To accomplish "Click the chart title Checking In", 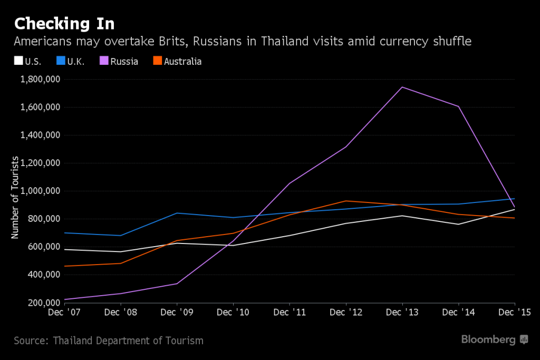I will coord(64,24).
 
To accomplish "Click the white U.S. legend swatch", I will coord(18,61).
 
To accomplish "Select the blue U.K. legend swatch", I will coord(60,61).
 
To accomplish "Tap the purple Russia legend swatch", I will coord(103,61).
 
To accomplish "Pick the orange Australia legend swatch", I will coord(156,61).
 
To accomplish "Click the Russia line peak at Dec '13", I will coord(402,87).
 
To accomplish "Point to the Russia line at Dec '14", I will coord(459,106).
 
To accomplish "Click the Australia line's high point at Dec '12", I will coord(346,201).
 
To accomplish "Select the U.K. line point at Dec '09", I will coord(177,213).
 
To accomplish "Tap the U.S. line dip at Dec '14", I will coord(459,224).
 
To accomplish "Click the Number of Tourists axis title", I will coord(16,198).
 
